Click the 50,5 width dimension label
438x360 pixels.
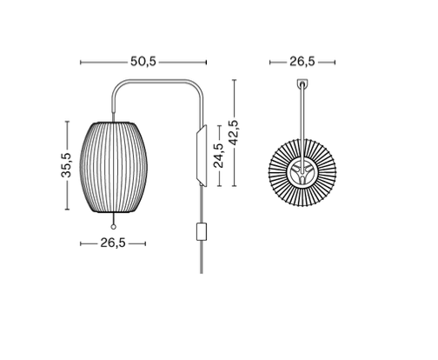point(143,62)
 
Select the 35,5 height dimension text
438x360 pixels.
point(66,165)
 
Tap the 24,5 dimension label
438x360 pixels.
point(219,155)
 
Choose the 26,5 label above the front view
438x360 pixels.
point(301,62)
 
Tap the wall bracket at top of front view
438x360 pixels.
point(302,85)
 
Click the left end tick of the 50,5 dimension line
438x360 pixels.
point(81,63)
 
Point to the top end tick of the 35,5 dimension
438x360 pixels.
point(68,121)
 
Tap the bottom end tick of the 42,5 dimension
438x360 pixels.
point(234,185)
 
